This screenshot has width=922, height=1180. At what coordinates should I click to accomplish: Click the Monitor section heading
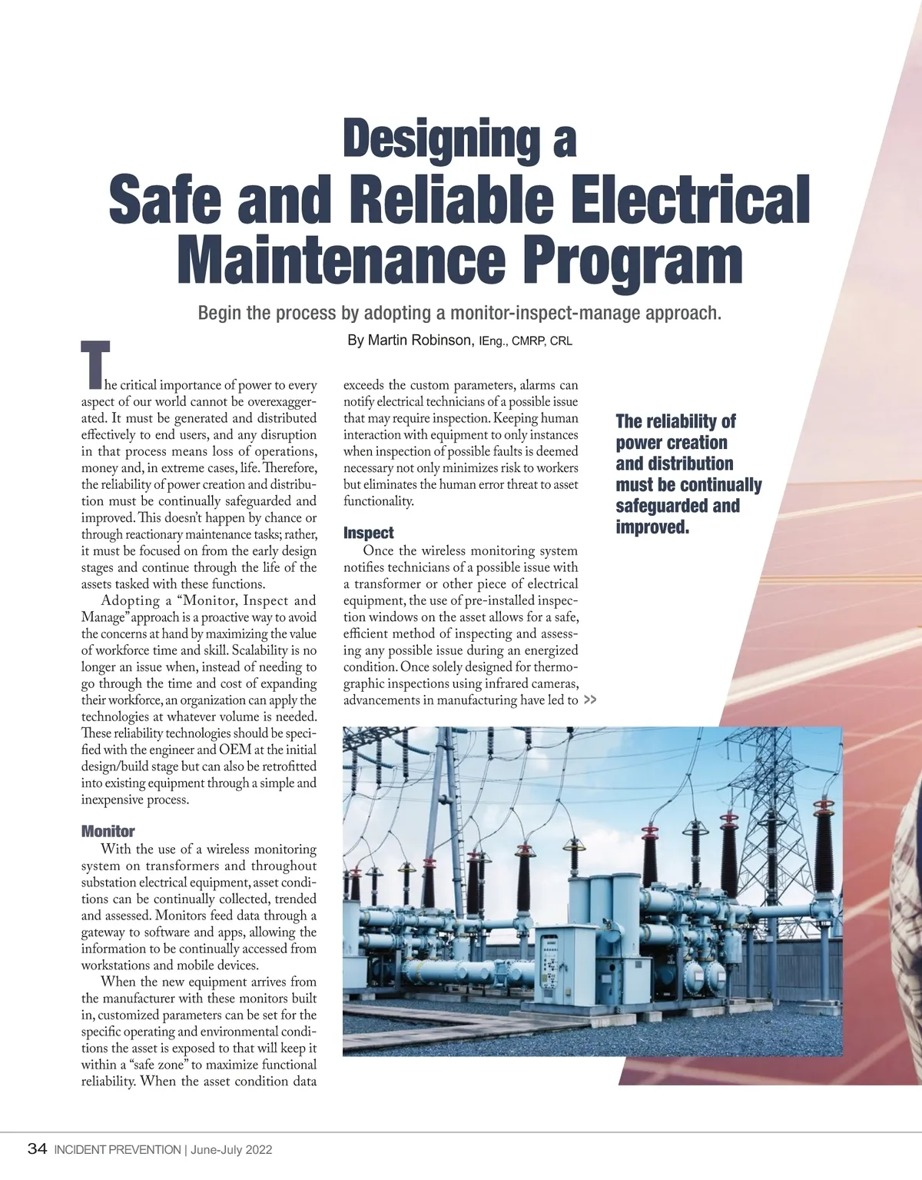pyautogui.click(x=108, y=831)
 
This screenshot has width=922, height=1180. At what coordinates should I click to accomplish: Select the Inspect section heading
pyautogui.click(x=368, y=533)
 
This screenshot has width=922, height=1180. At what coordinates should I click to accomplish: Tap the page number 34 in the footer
pyautogui.click(x=37, y=1149)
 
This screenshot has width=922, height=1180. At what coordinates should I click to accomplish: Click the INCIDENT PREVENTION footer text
pyautogui.click(x=117, y=1150)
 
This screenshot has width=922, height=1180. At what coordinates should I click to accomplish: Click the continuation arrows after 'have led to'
pyautogui.click(x=590, y=700)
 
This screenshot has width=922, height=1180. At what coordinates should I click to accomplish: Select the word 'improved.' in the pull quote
pyautogui.click(x=652, y=527)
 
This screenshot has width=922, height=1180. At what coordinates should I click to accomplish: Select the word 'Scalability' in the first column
pyautogui.click(x=266, y=650)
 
